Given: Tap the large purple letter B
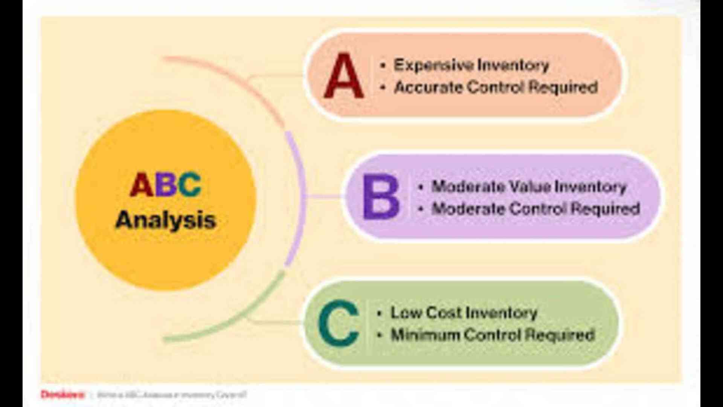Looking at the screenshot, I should [380, 197].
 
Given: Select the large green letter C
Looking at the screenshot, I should [338, 324].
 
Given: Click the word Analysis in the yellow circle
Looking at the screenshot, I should [166, 220].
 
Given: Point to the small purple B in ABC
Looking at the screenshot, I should [165, 185].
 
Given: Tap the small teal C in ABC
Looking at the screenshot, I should [189, 185].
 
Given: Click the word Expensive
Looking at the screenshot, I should [433, 65].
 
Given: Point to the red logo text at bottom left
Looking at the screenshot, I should [62, 395].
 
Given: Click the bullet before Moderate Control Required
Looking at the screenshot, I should [421, 209].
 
